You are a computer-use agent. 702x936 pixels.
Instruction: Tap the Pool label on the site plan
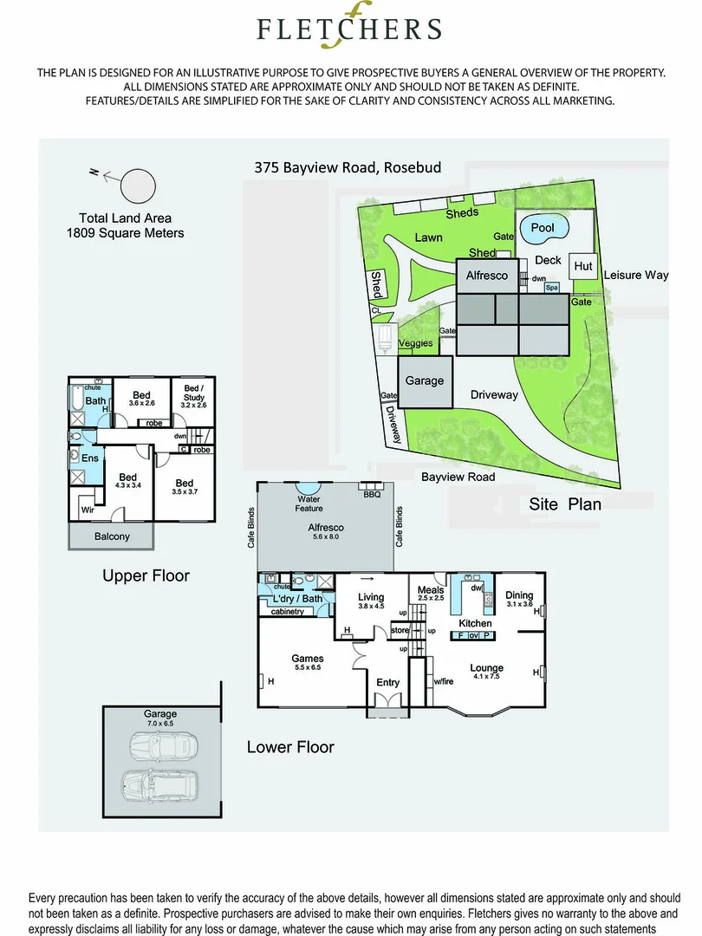[x=543, y=228]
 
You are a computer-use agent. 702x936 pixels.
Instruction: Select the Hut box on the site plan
[x=583, y=266]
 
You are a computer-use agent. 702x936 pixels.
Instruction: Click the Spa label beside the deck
[x=551, y=287]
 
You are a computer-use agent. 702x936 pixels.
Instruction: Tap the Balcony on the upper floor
[x=112, y=536]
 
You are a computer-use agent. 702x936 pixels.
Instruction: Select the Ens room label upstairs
[x=89, y=458]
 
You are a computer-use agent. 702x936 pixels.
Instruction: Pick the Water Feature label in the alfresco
[x=309, y=504]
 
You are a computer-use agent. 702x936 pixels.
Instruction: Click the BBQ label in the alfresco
[x=372, y=495]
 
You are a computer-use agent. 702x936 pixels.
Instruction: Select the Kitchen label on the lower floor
[x=475, y=623]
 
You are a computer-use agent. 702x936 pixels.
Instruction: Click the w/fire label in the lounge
[x=445, y=680]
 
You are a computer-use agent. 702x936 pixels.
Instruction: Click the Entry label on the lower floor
[x=387, y=683]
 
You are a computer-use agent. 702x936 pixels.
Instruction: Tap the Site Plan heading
[x=565, y=504]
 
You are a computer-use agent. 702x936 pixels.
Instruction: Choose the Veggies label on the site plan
[x=416, y=343]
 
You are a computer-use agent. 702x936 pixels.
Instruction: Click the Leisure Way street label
[x=636, y=275]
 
